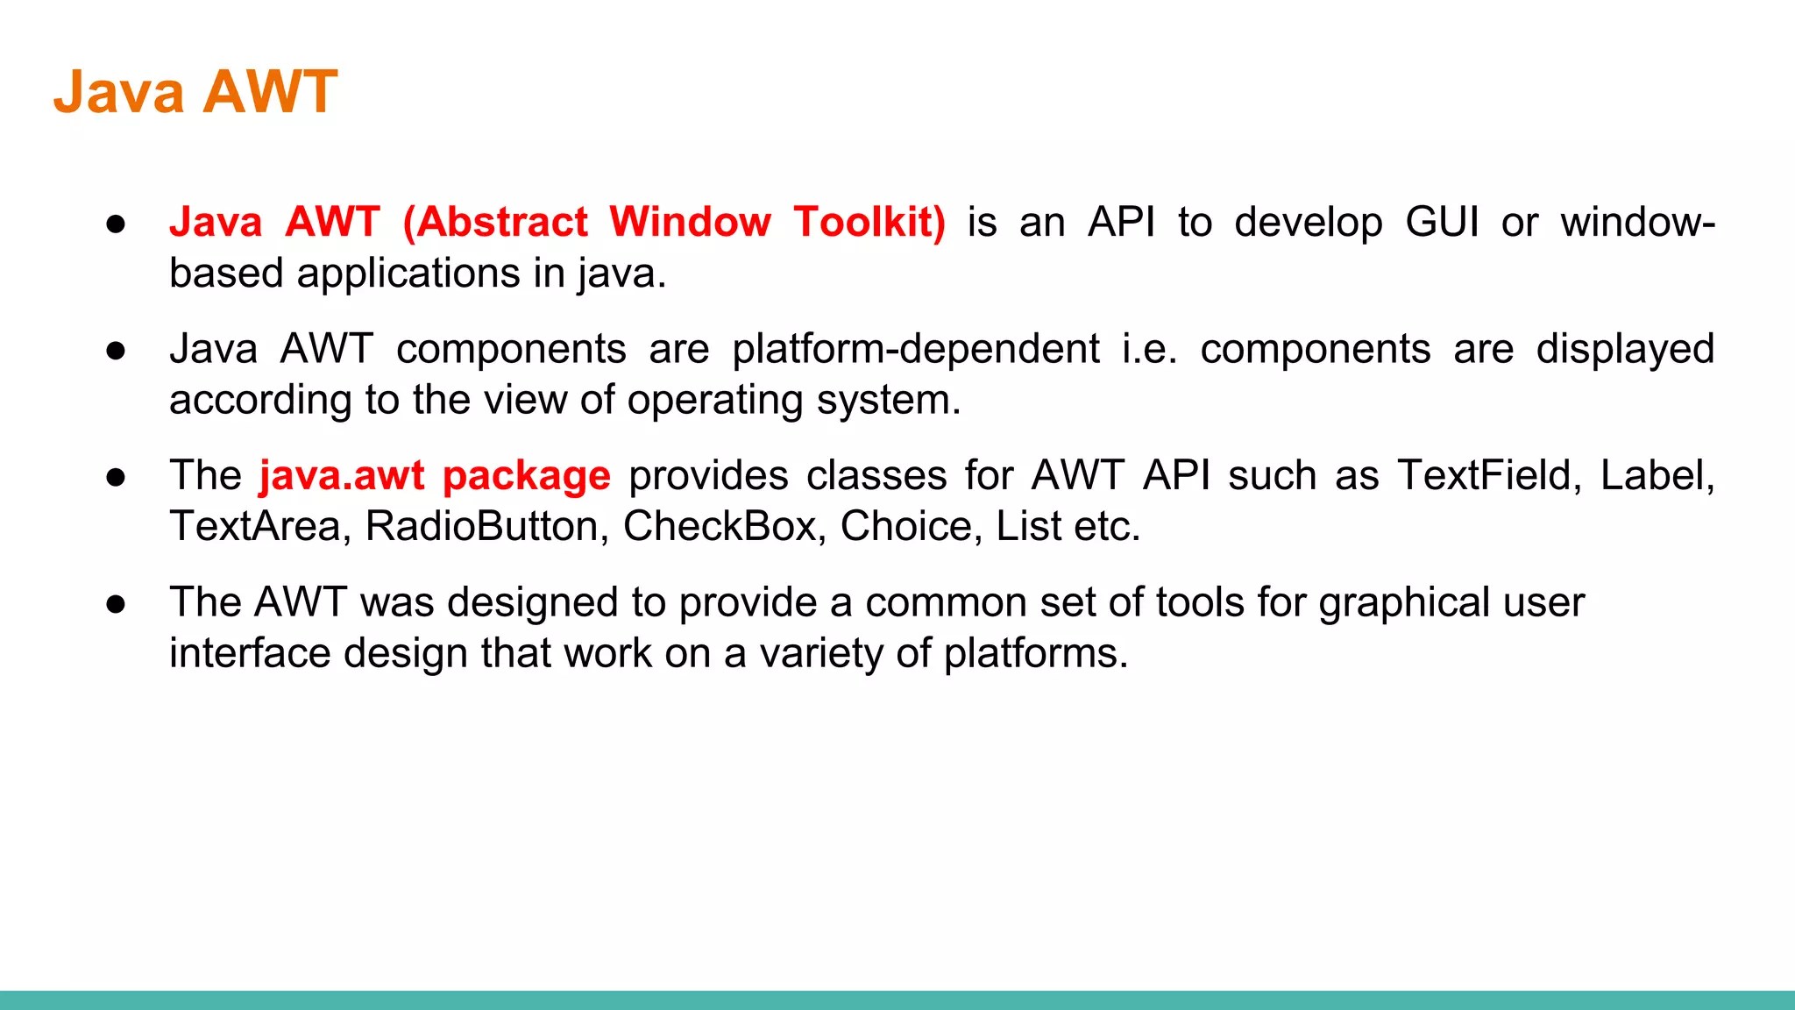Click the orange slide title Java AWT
195,91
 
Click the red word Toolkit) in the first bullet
869,222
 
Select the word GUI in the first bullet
1442,222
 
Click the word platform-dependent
915,349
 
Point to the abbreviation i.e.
1149,349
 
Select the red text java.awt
341,476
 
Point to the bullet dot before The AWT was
116,604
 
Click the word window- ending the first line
1637,222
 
